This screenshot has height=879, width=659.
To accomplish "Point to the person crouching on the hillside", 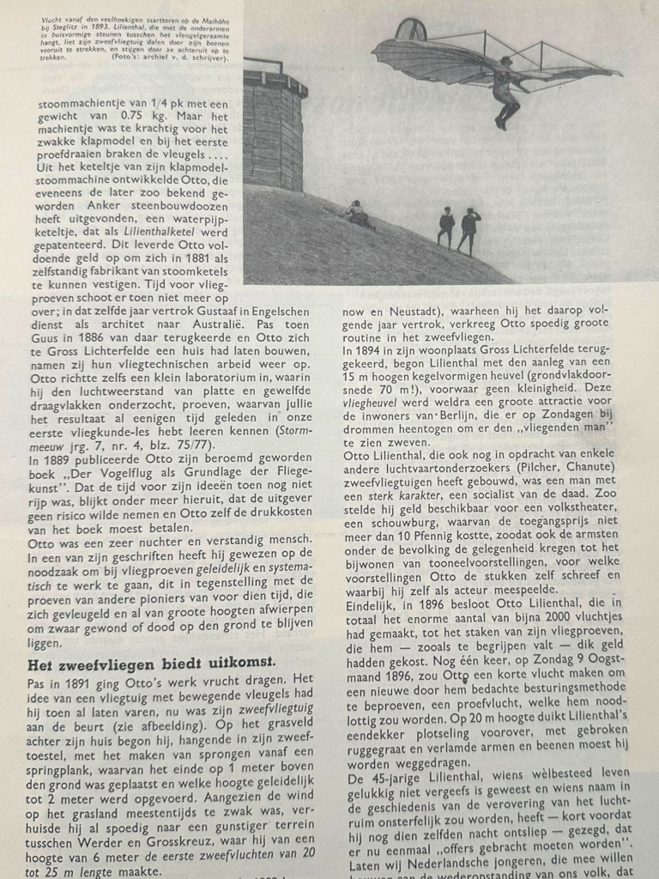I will click(359, 215).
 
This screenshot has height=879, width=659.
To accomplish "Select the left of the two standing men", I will click(445, 227).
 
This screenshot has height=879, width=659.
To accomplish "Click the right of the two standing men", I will click(469, 229).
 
